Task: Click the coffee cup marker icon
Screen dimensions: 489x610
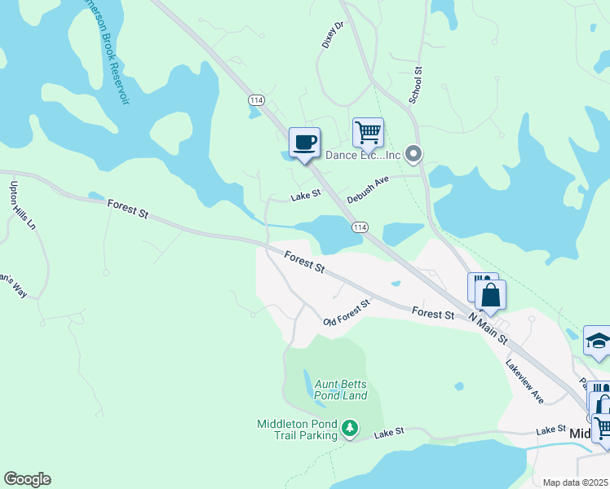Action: [304, 143]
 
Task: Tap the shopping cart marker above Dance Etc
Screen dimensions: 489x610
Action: [368, 131]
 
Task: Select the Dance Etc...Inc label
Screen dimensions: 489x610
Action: [364, 155]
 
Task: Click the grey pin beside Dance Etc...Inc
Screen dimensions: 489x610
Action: [413, 153]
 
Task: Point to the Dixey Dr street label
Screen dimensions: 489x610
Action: [334, 35]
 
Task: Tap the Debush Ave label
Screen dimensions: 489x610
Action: [368, 190]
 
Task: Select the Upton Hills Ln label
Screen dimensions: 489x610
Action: [18, 205]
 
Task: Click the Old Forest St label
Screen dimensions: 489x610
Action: [346, 311]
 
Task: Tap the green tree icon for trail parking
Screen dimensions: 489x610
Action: [350, 428]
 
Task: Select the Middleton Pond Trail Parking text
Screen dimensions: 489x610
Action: [297, 429]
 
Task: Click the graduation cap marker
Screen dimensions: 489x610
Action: [598, 341]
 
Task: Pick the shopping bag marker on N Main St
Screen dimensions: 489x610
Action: [491, 294]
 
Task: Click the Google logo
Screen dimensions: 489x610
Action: [27, 479]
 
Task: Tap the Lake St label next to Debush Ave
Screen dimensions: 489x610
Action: [306, 196]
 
